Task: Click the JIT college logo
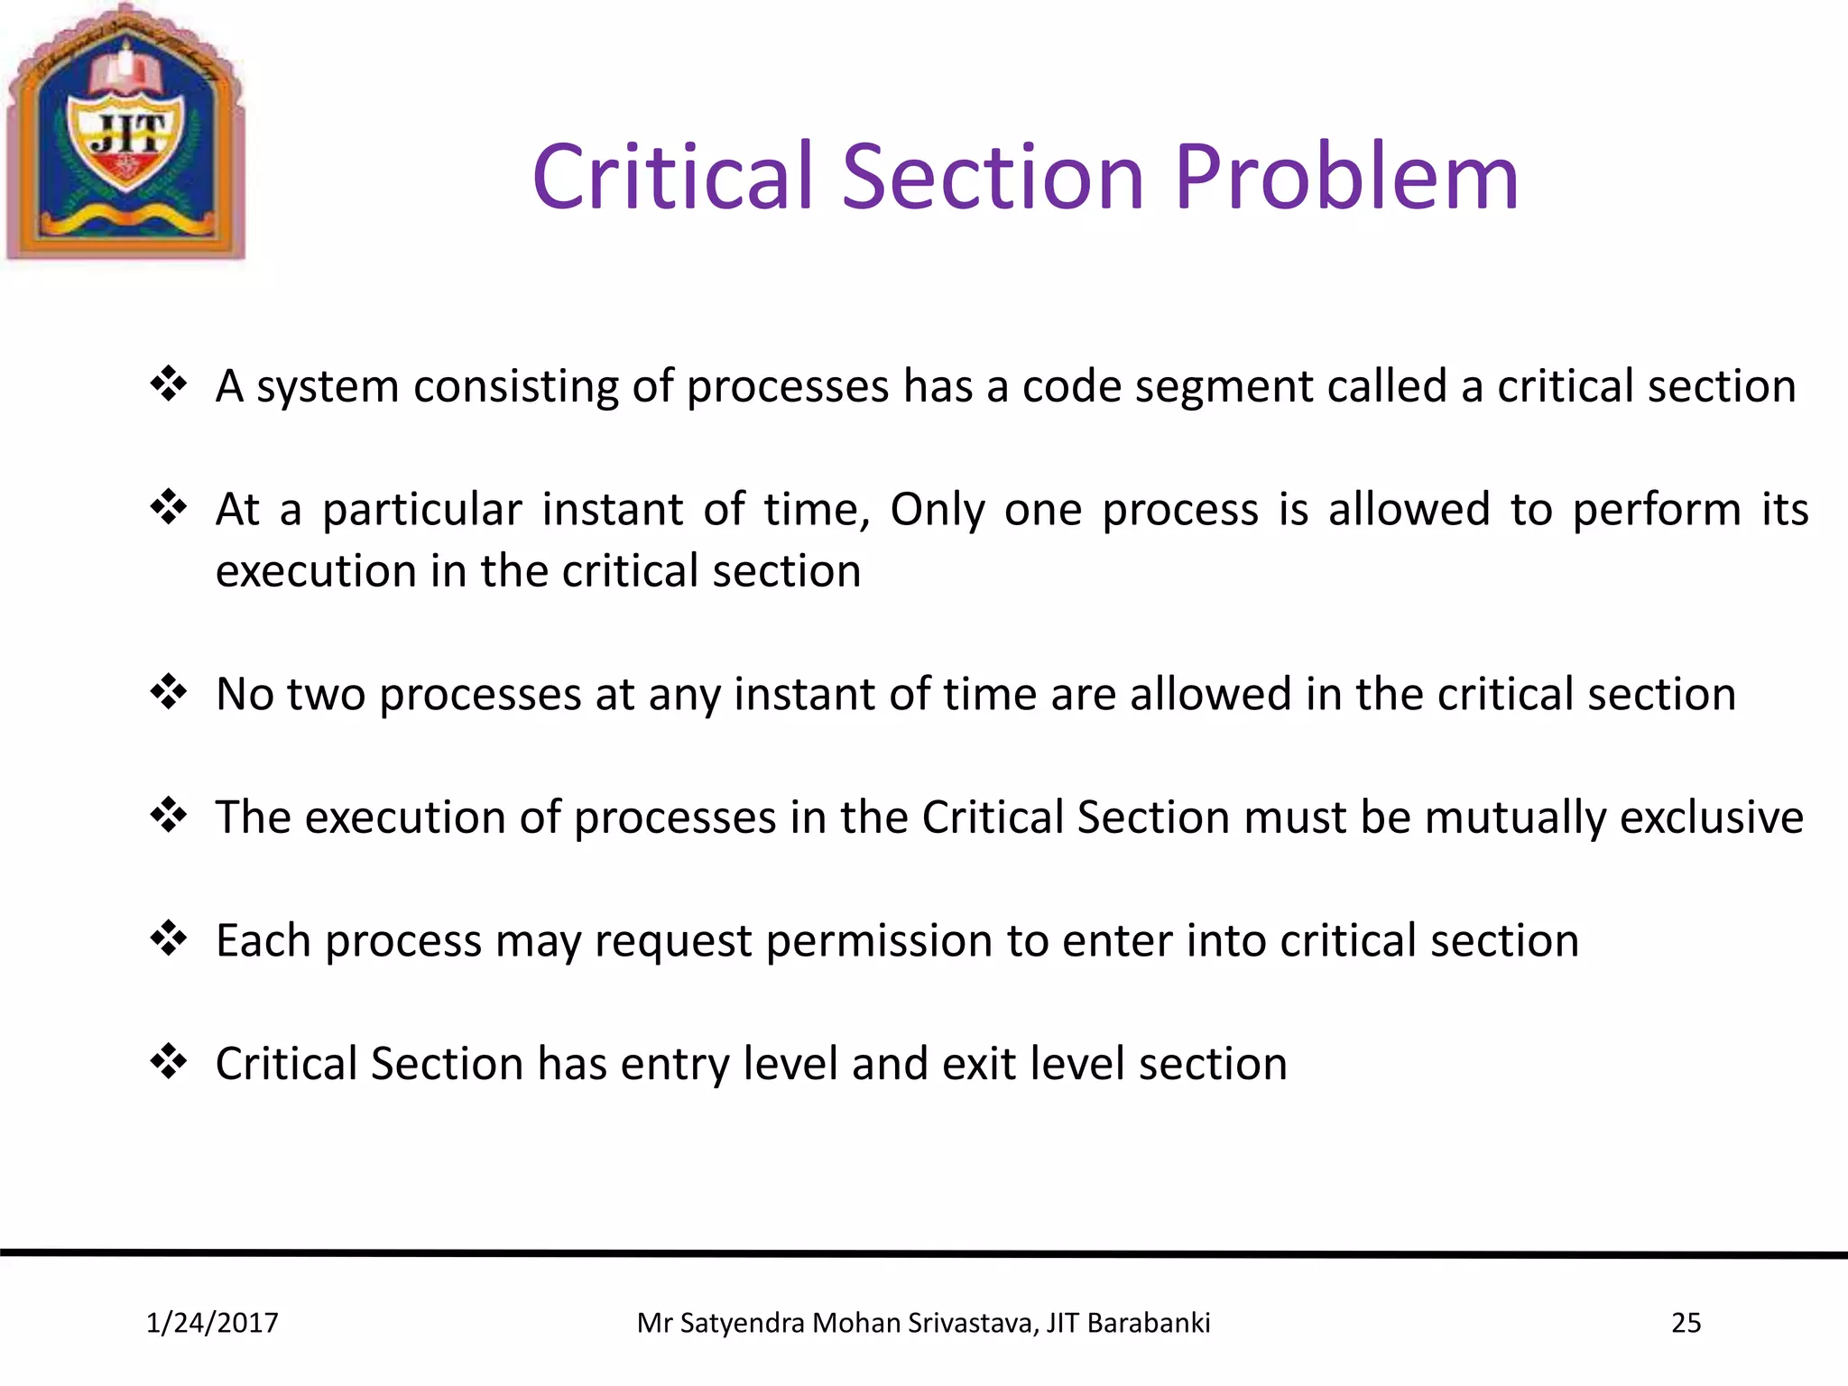[x=126, y=134]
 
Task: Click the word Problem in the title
[x=1346, y=178]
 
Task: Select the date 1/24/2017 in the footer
[x=212, y=1323]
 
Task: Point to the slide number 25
[x=1686, y=1323]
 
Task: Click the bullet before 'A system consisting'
[x=169, y=385]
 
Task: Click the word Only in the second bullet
[x=938, y=511]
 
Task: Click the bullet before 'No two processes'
[x=169, y=693]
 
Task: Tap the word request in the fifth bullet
[x=672, y=942]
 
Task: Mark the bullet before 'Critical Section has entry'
[x=169, y=1062]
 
